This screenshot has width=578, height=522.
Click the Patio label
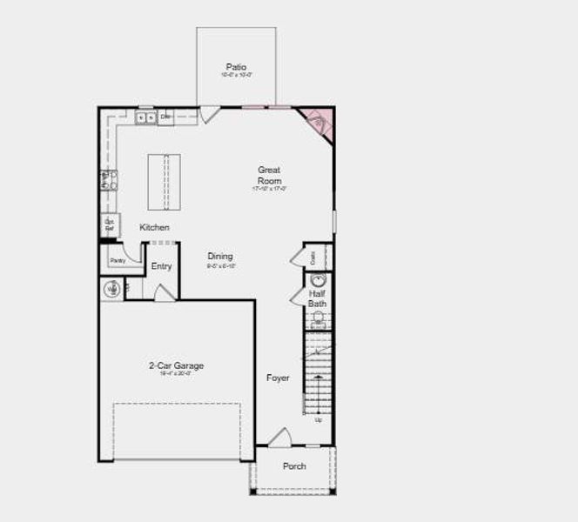(x=236, y=67)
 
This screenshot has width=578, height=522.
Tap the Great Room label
(x=269, y=175)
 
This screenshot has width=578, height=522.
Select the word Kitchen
(x=155, y=228)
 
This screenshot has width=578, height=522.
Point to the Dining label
(x=220, y=257)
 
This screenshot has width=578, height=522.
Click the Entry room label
(x=161, y=266)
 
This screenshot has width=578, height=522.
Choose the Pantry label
(x=118, y=260)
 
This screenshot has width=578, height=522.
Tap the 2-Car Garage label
(x=176, y=366)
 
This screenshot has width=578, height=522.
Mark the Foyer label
(x=278, y=378)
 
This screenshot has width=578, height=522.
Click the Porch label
(x=294, y=466)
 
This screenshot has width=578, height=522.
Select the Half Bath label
(x=317, y=298)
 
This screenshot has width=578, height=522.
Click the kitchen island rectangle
(x=165, y=181)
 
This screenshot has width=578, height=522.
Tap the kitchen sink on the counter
(x=145, y=117)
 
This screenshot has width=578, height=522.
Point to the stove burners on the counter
(x=108, y=180)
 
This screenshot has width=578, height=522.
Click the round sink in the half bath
(x=318, y=280)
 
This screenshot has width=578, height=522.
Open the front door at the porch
(x=279, y=438)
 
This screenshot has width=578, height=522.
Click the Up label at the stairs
(x=318, y=420)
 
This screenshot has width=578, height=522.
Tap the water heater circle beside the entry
(x=111, y=289)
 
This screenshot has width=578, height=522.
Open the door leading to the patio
(x=210, y=113)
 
